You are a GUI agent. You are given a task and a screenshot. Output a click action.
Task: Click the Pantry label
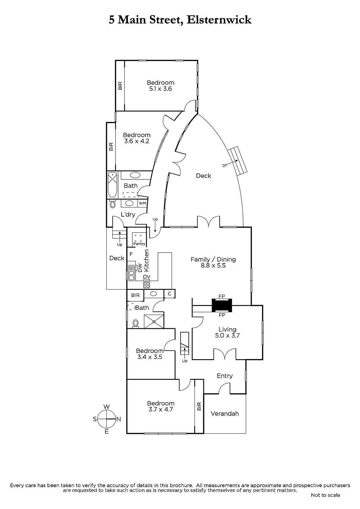coord(139,244)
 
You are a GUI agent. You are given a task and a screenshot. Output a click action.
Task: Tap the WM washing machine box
coord(142,203)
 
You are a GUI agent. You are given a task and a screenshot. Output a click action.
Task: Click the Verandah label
coord(225,413)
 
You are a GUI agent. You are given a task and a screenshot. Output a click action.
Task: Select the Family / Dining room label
coord(213,259)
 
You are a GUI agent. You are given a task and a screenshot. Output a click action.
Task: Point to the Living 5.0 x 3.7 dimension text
coord(227,335)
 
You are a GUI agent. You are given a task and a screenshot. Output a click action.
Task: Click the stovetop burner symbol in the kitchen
coord(146,284)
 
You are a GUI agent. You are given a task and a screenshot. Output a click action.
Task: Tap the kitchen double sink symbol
coord(131,273)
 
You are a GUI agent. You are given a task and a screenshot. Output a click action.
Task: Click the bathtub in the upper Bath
coord(112,185)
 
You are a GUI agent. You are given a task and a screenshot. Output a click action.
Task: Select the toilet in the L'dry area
coord(113,204)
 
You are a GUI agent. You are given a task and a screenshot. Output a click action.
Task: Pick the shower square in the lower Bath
coord(154,321)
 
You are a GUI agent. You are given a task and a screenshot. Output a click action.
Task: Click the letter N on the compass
coord(118,419)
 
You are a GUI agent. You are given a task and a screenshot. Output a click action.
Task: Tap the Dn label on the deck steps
coord(225,165)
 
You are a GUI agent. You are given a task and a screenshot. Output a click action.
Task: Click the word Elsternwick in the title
coord(219,20)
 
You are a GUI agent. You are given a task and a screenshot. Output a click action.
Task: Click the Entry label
coord(225,376)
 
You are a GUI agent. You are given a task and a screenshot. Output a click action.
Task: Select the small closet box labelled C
coord(169,294)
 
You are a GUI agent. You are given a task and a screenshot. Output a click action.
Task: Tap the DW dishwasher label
coord(140,268)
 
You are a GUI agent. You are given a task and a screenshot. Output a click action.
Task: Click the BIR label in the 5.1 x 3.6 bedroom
coord(120,86)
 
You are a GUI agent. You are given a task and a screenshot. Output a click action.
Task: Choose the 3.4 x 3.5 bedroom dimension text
coord(150,357)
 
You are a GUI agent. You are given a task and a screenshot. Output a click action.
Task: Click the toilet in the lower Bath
coord(136,324)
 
